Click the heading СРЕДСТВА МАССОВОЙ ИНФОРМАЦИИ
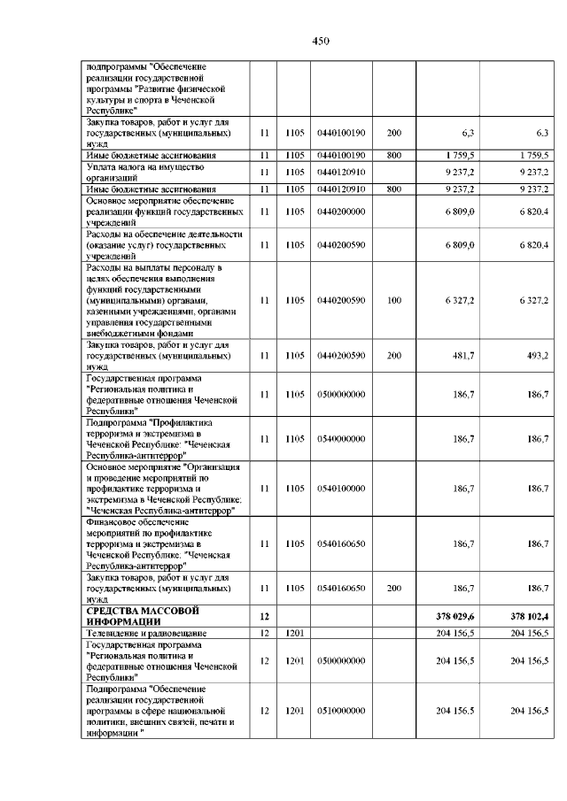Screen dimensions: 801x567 pos(142,616)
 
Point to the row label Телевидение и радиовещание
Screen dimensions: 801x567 pos(146,634)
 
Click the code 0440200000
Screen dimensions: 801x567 pos(340,212)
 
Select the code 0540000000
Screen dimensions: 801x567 pos(340,438)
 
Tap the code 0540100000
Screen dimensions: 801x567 pos(340,487)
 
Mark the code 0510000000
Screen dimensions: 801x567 pos(340,711)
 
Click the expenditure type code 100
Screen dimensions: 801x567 pos(394,300)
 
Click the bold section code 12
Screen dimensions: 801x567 pos(263,616)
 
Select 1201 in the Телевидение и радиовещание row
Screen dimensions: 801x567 pos(294,634)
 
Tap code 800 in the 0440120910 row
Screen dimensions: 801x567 pos(394,189)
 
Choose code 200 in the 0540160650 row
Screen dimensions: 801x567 pos(394,587)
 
